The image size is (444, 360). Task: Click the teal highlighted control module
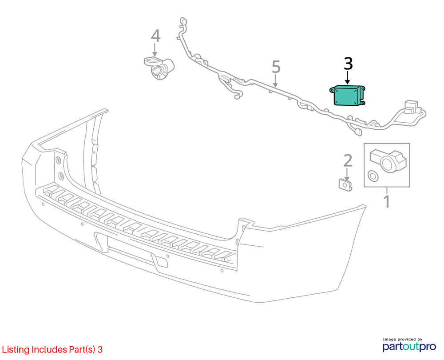tap(348, 96)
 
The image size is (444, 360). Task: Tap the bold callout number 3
tap(348, 64)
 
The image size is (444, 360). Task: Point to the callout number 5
tap(276, 67)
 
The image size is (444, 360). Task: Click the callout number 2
tap(348, 160)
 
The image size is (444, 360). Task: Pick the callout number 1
tap(387, 201)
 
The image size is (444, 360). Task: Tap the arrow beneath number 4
tap(155, 50)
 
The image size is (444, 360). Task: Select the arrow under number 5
tap(275, 80)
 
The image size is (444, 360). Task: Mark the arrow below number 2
tap(347, 174)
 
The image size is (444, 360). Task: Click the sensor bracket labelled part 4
tap(159, 68)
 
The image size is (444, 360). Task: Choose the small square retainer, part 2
tap(345, 185)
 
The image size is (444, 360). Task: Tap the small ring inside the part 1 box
tap(373, 176)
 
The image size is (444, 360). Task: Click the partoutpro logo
tap(409, 346)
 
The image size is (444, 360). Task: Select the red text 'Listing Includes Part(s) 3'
tap(52, 349)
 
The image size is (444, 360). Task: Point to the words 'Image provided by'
tap(402, 339)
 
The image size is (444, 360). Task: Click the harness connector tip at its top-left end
tap(183, 21)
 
